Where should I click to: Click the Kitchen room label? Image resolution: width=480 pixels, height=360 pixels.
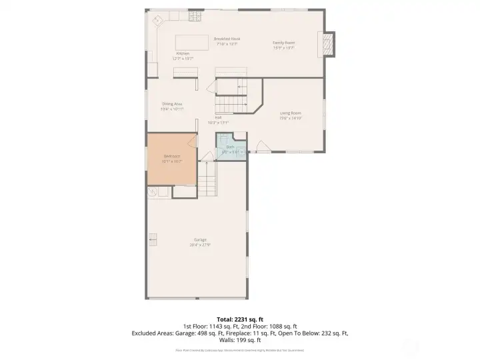tap(183, 53)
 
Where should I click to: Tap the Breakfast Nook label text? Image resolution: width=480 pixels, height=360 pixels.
tap(227, 39)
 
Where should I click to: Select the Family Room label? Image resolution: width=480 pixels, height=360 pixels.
tap(284, 43)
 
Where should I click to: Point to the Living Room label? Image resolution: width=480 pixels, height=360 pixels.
tap(291, 113)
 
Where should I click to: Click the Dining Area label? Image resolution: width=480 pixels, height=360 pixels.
tap(172, 104)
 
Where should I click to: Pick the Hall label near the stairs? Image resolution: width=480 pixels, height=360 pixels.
tap(218, 117)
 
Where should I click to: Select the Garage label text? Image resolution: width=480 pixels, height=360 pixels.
tap(200, 239)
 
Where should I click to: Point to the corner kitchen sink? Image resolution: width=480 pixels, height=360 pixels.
tap(158, 20)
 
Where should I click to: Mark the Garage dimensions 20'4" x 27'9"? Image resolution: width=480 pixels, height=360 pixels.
tap(200, 245)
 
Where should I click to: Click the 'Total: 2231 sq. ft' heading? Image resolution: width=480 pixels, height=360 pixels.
tap(239, 319)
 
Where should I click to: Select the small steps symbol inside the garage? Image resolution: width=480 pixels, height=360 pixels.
tap(153, 239)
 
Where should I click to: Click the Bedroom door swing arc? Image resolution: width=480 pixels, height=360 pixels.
tap(192, 141)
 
